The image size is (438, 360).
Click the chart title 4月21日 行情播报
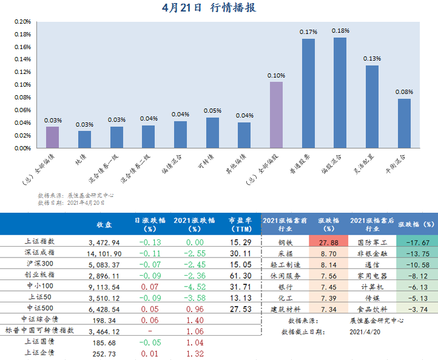pos(209,8)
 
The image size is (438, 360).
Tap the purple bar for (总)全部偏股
pos(276,115)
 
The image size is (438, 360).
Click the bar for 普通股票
pos(308,93)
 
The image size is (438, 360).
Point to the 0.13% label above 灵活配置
pos(372,59)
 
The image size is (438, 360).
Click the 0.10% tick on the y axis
pos(22,84)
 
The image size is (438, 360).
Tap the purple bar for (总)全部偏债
pos(53,137)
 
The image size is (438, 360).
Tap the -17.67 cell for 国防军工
pos(417,242)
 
